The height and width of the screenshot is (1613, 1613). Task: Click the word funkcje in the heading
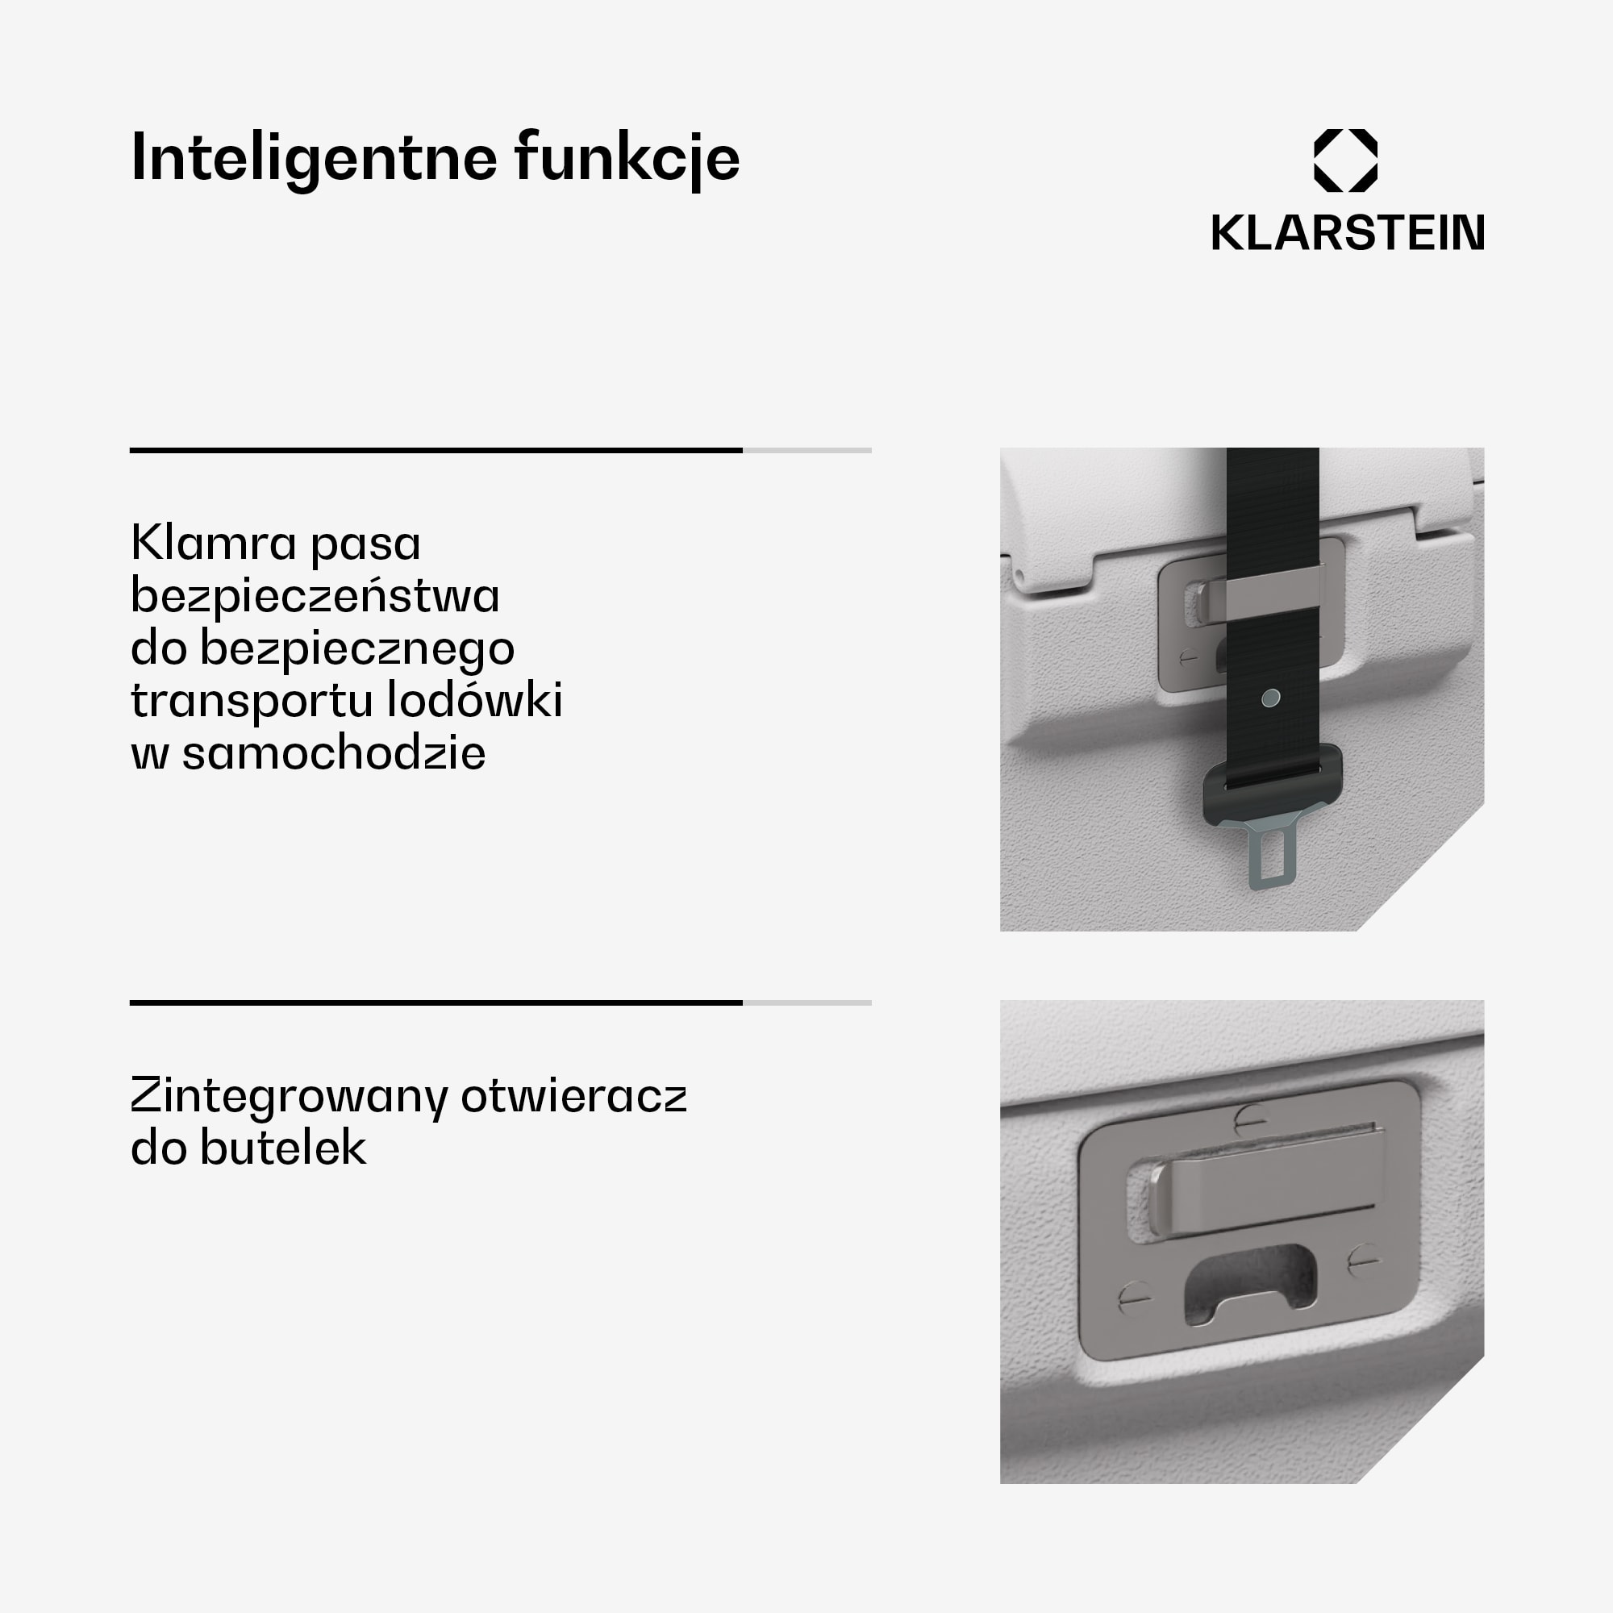(x=627, y=158)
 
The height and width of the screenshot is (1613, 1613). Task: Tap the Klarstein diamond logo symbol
(x=1346, y=160)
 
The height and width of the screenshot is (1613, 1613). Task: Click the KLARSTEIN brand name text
(x=1348, y=233)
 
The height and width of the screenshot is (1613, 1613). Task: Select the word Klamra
(x=213, y=543)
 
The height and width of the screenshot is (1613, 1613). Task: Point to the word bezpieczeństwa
(x=315, y=596)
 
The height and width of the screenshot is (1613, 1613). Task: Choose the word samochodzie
(x=333, y=752)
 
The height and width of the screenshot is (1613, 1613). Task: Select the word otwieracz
(x=573, y=1096)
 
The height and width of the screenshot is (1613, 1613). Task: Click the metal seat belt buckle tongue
(x=1272, y=855)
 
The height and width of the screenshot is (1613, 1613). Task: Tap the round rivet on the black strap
(x=1271, y=697)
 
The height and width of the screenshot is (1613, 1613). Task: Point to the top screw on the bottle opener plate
(x=1250, y=1116)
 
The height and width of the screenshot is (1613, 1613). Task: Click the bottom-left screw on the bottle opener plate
(x=1134, y=1297)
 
